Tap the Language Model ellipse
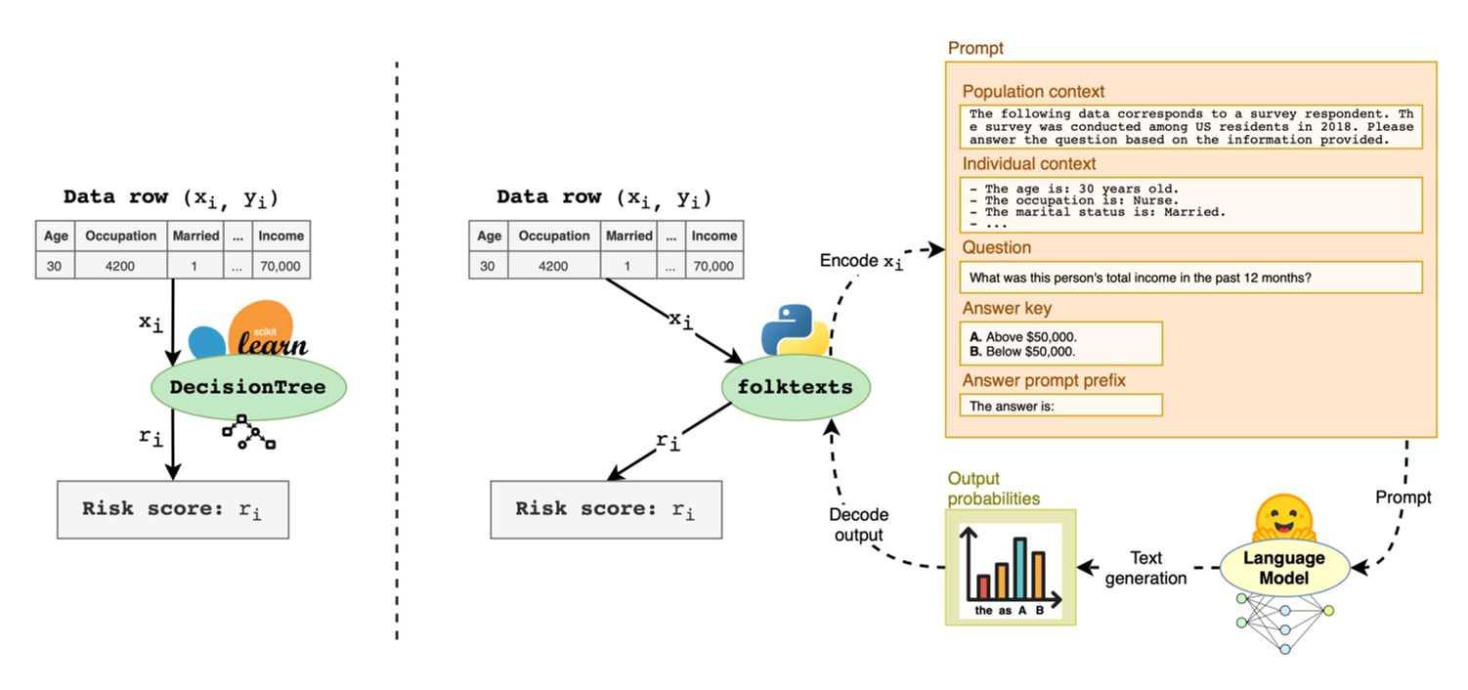pyautogui.click(x=1283, y=568)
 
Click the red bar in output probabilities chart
pyautogui.click(x=983, y=587)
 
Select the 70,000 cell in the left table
pyautogui.click(x=281, y=265)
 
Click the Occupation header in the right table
pyautogui.click(x=554, y=236)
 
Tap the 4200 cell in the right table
pyautogui.click(x=554, y=265)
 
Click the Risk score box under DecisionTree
pyautogui.click(x=173, y=509)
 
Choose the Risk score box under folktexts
pyautogui.click(x=606, y=509)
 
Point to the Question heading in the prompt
pyautogui.click(x=996, y=247)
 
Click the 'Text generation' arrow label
pyautogui.click(x=1145, y=568)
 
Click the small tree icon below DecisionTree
pyautogui.click(x=249, y=433)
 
